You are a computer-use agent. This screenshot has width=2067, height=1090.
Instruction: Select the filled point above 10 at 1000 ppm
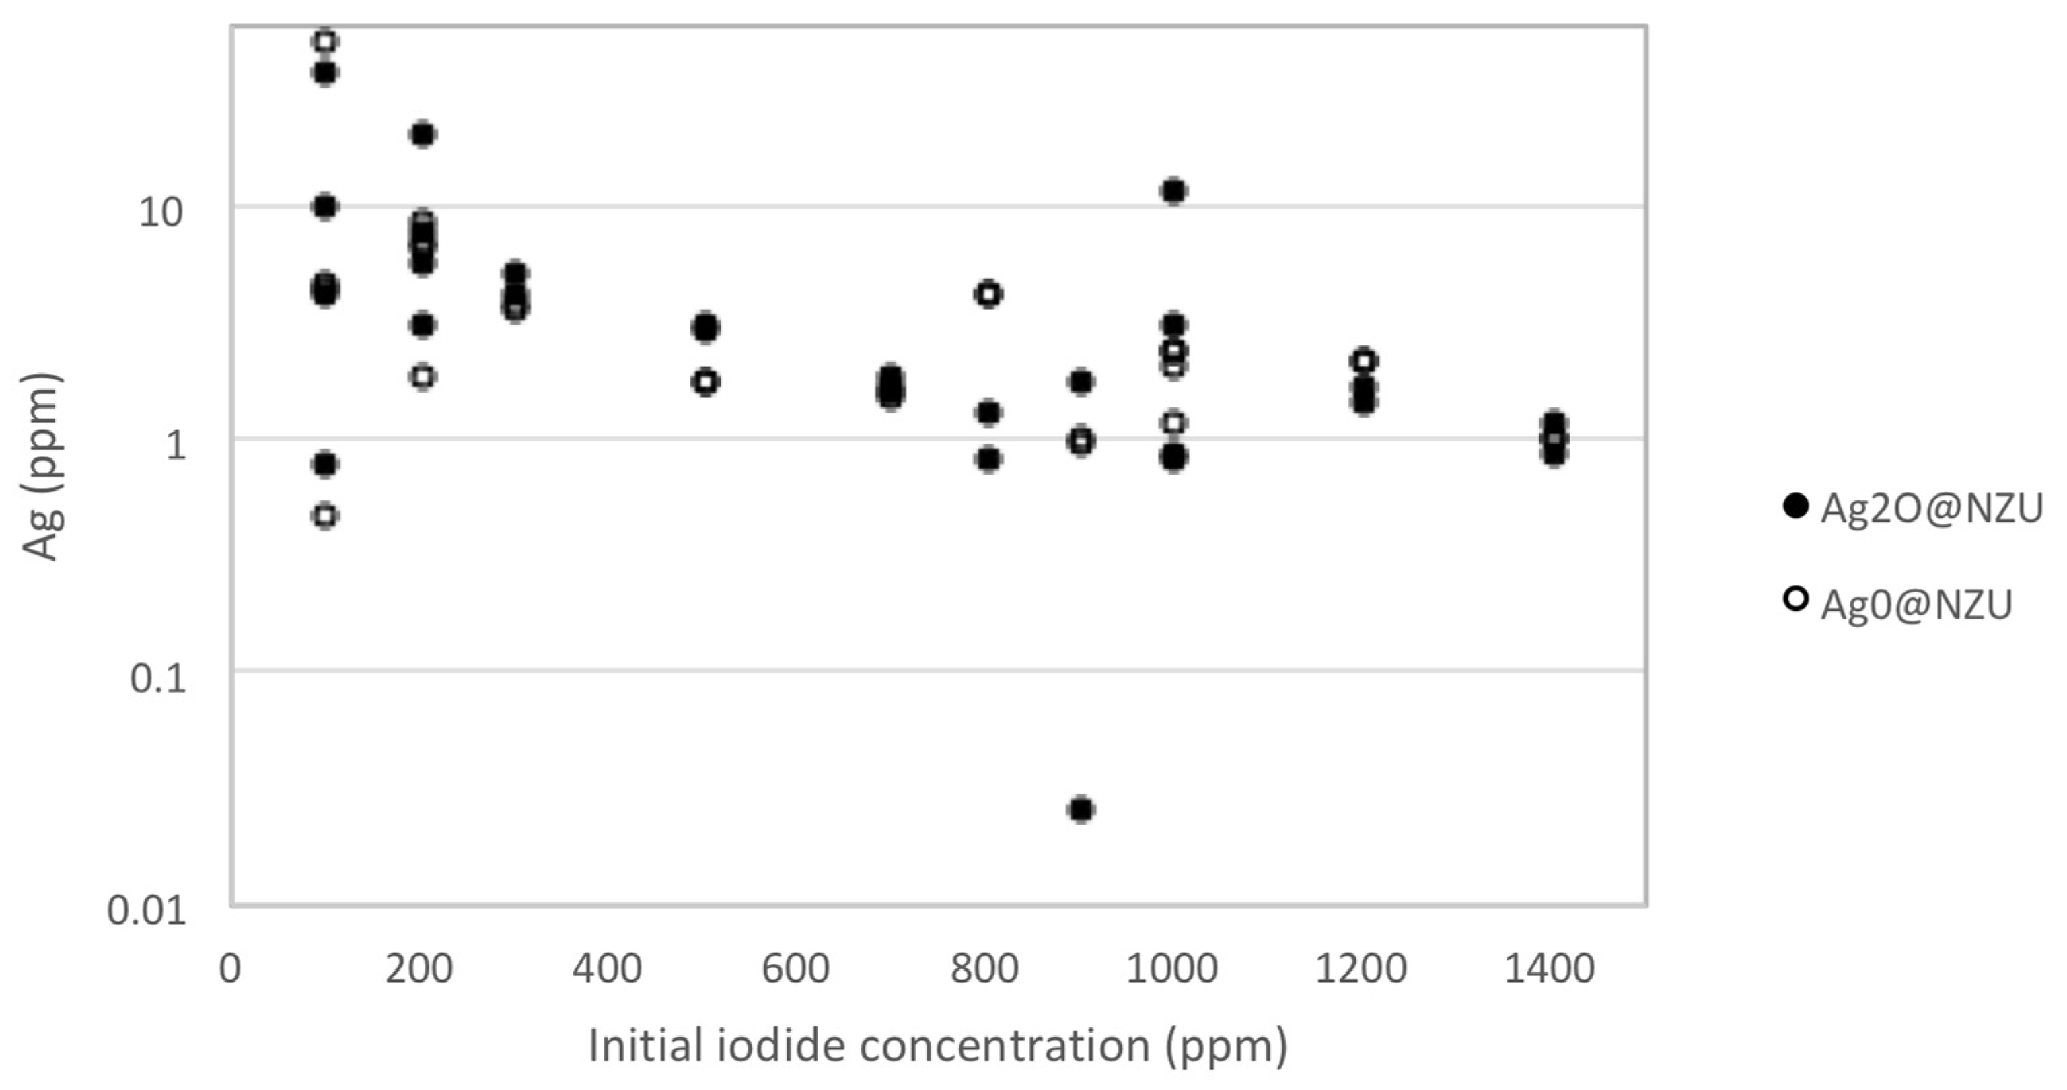coord(1174,191)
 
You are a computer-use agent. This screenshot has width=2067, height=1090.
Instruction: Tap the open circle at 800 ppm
coord(988,295)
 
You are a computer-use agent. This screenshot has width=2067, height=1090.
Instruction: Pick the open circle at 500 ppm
coord(705,381)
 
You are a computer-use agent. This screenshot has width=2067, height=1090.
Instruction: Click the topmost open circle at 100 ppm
coord(325,41)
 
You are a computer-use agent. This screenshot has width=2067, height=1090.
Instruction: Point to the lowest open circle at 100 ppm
coord(325,515)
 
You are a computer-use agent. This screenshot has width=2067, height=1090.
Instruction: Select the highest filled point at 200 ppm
coord(423,134)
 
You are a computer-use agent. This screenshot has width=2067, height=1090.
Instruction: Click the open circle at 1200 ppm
coord(1363,360)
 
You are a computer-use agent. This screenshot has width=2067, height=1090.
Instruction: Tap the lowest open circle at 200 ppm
coord(423,376)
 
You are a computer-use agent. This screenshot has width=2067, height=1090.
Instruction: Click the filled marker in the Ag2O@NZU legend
coord(1796,506)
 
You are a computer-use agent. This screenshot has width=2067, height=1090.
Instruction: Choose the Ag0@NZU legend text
coord(1916,605)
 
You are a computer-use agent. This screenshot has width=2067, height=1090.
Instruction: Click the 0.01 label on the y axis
coord(147,911)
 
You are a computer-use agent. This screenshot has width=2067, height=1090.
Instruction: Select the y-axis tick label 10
coord(161,213)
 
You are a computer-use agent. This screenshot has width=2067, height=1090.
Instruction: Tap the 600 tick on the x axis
coord(795,969)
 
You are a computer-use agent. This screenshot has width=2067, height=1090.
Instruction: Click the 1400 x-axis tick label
coord(1549,969)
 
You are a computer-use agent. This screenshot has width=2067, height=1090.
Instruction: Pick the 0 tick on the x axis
coord(230,969)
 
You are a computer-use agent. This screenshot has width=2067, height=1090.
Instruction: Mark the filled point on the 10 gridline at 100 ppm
coord(325,207)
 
